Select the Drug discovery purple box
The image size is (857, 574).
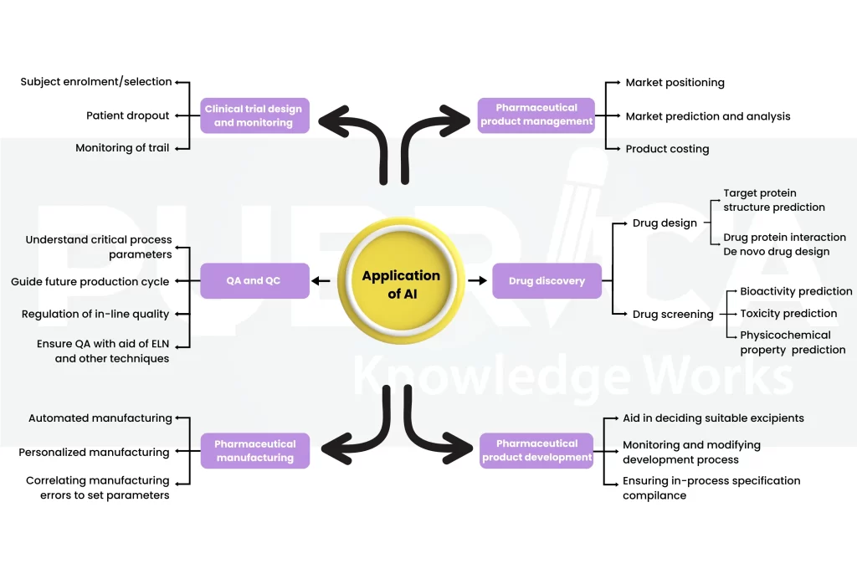click(547, 281)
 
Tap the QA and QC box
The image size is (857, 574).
click(254, 281)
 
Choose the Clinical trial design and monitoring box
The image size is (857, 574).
click(254, 115)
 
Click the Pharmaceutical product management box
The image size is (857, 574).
click(536, 115)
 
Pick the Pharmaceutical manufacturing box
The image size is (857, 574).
click(254, 451)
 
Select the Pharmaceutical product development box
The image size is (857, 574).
click(536, 450)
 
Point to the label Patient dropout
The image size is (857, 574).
click(127, 115)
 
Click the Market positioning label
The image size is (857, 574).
click(675, 83)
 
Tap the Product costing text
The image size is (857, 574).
click(667, 149)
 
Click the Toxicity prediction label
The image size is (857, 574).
click(788, 314)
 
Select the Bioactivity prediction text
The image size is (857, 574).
click(796, 292)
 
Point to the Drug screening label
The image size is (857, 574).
click(673, 315)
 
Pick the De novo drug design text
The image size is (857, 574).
click(776, 252)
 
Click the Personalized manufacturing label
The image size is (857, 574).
click(94, 453)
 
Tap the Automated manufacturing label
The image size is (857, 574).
click(100, 418)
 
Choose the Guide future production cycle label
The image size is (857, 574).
click(90, 282)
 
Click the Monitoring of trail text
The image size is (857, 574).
click(122, 148)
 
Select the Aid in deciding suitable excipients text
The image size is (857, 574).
click(713, 418)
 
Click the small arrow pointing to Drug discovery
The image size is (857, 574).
click(477, 281)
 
